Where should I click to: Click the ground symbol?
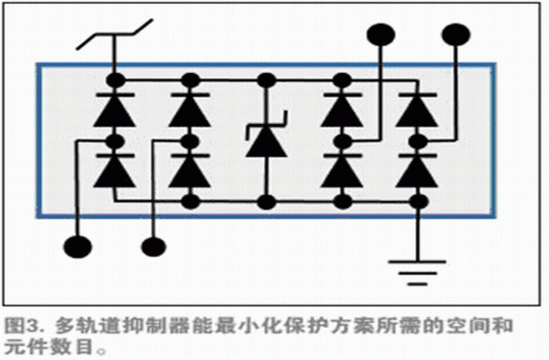tap(417, 272)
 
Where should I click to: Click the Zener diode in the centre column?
tap(267, 136)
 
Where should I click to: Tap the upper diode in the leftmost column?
tap(115, 110)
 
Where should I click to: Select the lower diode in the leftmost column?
tap(115, 171)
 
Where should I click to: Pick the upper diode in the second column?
tap(190, 110)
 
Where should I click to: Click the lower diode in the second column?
tap(190, 171)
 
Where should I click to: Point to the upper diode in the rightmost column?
tap(417, 110)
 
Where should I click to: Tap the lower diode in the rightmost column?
tap(417, 171)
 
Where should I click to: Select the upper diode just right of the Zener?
tap(342, 110)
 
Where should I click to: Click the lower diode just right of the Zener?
tap(342, 171)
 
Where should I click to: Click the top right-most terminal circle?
tap(456, 35)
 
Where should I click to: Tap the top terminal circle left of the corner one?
tap(381, 35)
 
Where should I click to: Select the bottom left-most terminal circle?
tap(78, 246)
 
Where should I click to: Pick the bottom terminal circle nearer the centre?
tap(153, 246)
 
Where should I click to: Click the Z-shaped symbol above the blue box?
tap(115, 34)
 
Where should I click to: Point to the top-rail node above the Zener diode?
tap(267, 81)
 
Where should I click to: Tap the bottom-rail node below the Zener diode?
tap(267, 202)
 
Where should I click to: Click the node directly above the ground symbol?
tap(418, 202)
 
